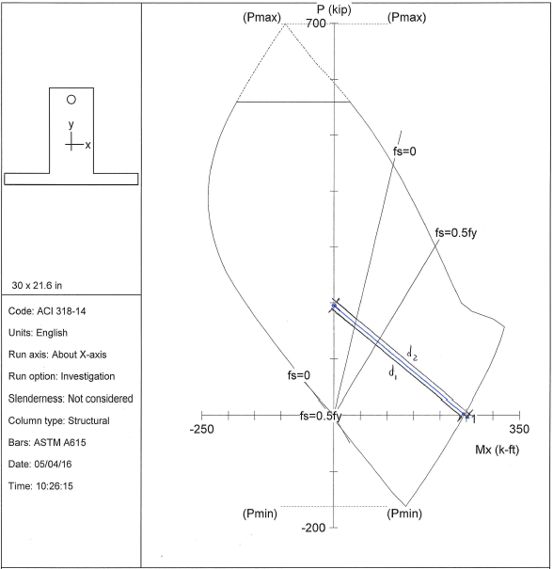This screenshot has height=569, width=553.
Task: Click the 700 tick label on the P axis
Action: [316, 24]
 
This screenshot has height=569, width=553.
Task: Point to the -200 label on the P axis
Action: [313, 528]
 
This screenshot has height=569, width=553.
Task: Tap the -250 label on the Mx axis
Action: [202, 429]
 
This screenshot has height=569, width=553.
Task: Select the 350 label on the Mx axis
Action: [519, 429]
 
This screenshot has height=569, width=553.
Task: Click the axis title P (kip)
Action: [334, 9]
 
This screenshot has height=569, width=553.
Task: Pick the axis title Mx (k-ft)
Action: [498, 450]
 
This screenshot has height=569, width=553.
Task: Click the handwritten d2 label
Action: [412, 353]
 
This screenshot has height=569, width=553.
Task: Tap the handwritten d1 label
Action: [392, 372]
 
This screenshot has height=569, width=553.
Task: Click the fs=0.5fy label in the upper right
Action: [456, 233]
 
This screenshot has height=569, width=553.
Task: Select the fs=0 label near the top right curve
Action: [404, 151]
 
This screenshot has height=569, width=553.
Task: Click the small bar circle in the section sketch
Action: [71, 100]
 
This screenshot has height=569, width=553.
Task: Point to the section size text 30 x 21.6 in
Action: [37, 286]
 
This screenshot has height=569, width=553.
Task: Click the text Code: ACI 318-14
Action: [47, 311]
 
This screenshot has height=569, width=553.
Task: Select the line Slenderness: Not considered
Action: [71, 399]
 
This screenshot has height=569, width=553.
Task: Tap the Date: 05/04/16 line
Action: [39, 464]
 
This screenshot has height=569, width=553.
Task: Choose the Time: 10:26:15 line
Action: [40, 486]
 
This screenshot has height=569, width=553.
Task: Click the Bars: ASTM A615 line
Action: [47, 442]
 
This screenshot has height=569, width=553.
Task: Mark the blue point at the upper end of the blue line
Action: [334, 306]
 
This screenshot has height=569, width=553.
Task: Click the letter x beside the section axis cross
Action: [87, 145]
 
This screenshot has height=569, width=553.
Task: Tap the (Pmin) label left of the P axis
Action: [260, 514]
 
